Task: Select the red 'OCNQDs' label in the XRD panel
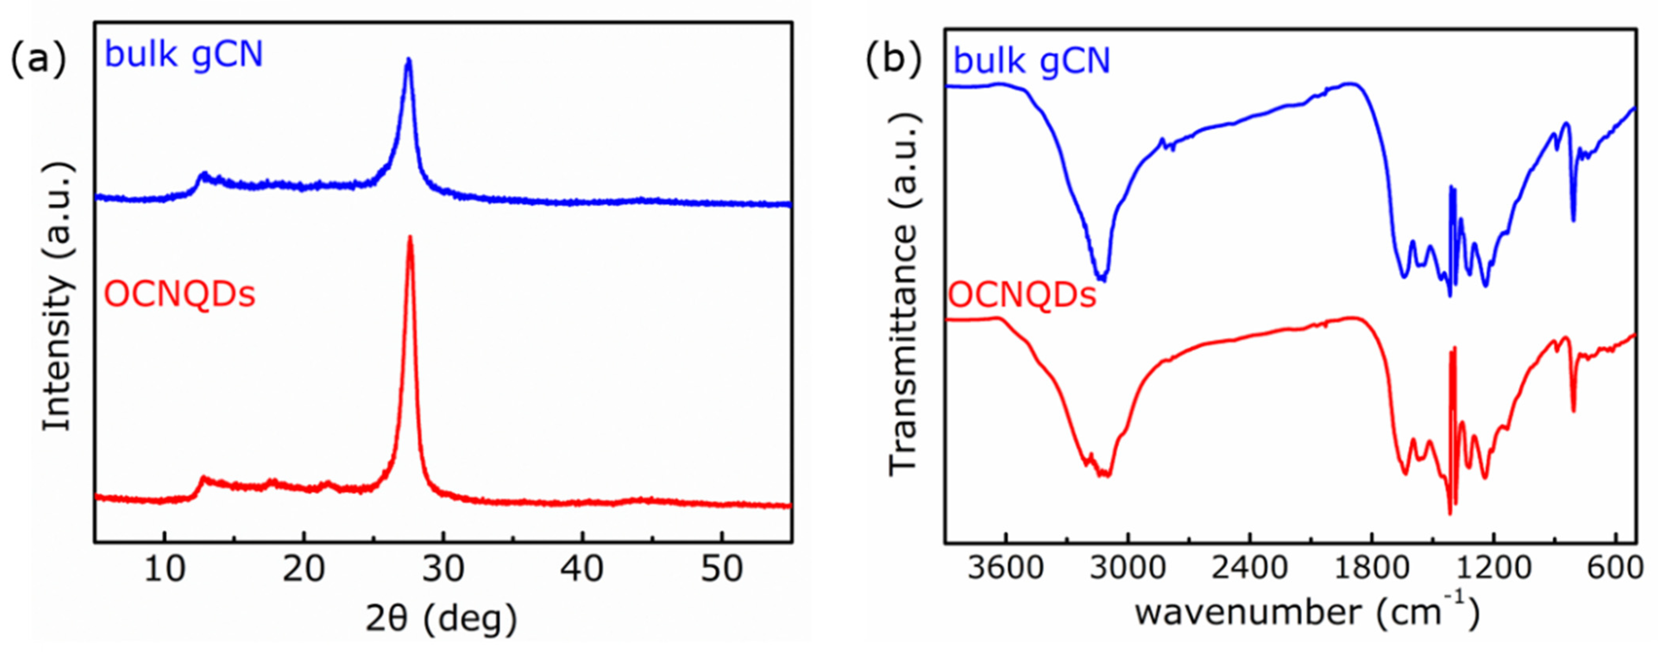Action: coord(180,295)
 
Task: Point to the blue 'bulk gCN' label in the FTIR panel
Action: coord(1032,61)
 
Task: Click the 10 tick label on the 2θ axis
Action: coord(165,570)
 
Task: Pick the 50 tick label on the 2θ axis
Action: coord(721,570)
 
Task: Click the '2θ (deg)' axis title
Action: coord(442,619)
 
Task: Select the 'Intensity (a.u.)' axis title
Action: coord(58,296)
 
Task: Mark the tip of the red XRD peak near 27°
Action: coord(410,237)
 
